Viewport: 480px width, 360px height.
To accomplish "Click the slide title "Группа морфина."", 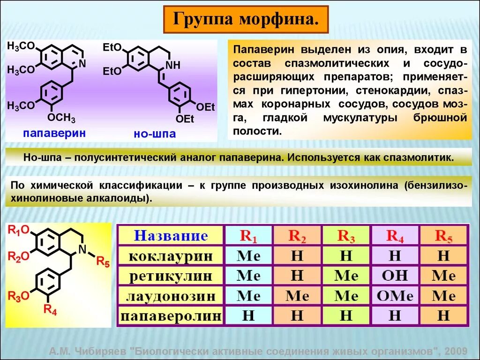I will (246, 20).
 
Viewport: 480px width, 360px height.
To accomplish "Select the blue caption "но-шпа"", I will (155, 134).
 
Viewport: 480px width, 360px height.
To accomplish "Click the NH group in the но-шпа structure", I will (172, 66).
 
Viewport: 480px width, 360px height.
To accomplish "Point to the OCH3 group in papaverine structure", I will (61, 118).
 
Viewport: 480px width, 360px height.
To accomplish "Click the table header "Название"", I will (171, 235).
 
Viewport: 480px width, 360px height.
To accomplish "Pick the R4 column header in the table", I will (395, 235).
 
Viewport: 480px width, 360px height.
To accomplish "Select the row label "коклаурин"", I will (171, 256).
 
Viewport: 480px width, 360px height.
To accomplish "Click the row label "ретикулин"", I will (171, 276).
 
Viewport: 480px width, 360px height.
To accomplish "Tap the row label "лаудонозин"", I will (171, 296).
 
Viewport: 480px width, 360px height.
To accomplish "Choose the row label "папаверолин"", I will (171, 316).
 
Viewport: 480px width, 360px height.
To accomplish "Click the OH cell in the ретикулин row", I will (395, 276).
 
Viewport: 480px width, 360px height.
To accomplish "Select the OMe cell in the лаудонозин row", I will (395, 296).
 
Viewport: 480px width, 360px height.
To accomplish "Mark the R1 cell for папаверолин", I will (248, 316).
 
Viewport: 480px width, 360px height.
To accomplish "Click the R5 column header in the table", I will (443, 235).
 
